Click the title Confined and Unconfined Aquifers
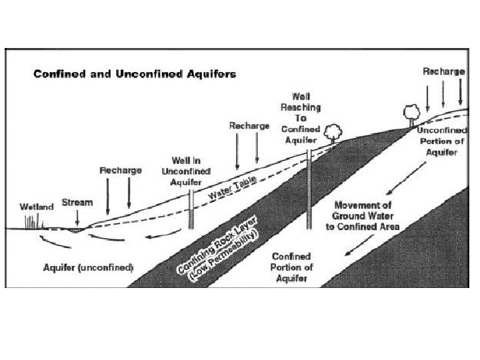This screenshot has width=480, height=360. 135,73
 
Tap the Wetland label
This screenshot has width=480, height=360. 36,206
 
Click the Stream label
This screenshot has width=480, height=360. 77,201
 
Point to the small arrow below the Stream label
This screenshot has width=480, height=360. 77,217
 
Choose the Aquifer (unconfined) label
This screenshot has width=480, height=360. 89,267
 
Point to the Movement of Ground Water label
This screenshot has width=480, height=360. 365,215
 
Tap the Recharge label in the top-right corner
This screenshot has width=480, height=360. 443,71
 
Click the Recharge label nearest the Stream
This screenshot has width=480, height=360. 121,170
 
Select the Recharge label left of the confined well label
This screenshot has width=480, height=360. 249,125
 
